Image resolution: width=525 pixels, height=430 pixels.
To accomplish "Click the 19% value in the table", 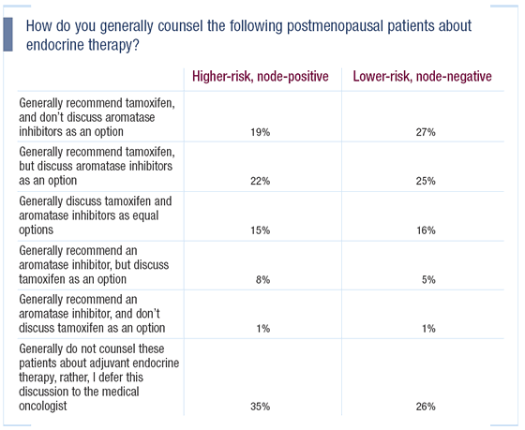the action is [x=261, y=132].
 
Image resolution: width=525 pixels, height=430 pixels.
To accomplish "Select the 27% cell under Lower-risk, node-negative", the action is [x=426, y=132].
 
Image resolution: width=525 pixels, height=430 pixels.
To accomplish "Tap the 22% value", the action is [x=261, y=181].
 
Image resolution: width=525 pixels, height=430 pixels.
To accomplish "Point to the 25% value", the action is [x=426, y=181].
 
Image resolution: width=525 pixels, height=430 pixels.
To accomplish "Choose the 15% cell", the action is [x=261, y=230].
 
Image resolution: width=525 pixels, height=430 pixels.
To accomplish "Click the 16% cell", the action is [x=426, y=230].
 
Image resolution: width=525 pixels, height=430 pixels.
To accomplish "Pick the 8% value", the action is [x=262, y=279].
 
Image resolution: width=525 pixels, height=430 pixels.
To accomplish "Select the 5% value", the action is [x=428, y=279].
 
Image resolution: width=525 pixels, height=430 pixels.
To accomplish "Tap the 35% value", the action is [x=261, y=407].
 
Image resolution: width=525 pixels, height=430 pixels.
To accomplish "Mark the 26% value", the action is [x=426, y=407].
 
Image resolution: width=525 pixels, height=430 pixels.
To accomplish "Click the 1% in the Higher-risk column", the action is [x=263, y=329].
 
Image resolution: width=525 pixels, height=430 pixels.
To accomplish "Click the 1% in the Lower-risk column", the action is [x=428, y=329].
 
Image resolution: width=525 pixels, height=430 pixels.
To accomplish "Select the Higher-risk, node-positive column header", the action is [x=261, y=77].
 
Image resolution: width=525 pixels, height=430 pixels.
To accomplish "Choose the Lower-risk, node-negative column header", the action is [x=422, y=77].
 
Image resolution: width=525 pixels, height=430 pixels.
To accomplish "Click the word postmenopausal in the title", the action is [x=335, y=27].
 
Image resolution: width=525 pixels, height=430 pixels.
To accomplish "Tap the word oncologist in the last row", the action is [x=43, y=406].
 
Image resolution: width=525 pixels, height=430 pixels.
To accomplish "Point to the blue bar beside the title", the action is [x=7, y=34].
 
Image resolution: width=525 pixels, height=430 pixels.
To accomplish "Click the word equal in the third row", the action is [x=145, y=216].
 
